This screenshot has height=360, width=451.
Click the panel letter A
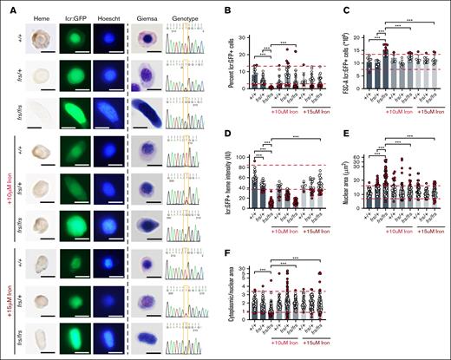point(6,7)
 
